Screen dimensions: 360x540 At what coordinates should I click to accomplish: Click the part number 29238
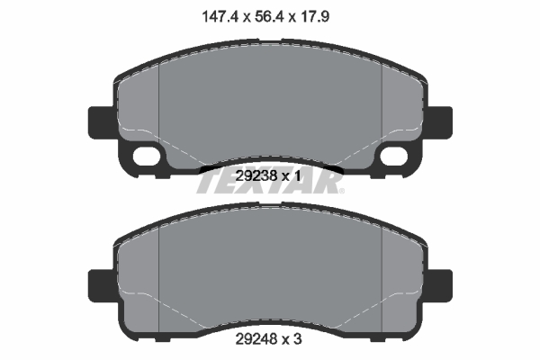(257, 177)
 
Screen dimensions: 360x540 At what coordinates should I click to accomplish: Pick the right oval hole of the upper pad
(394, 156)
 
